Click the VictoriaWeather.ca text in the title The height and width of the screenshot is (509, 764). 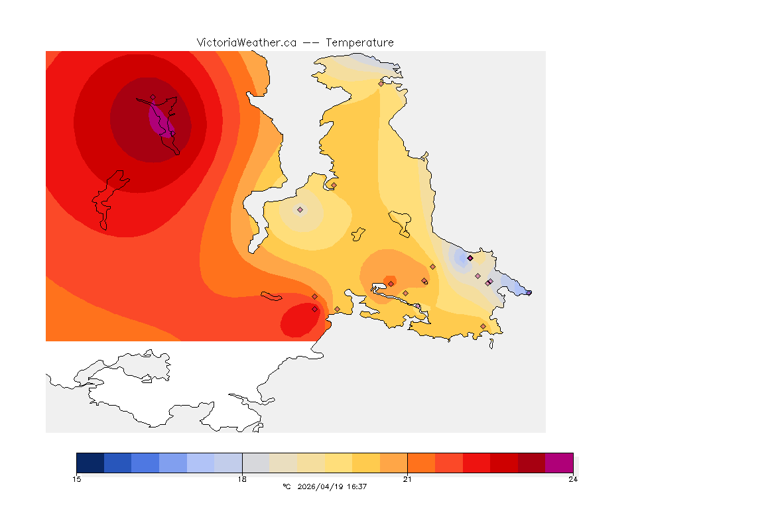click(x=246, y=42)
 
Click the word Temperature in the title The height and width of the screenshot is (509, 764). click(x=359, y=42)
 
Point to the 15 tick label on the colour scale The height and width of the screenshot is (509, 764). click(x=76, y=479)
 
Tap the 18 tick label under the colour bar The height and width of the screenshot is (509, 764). click(x=242, y=479)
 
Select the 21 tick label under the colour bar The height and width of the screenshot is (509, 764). click(x=407, y=479)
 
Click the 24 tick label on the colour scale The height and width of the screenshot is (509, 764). click(x=572, y=479)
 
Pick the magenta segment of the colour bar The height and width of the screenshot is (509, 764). click(x=558, y=463)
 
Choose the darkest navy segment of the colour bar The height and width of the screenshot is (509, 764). click(x=90, y=463)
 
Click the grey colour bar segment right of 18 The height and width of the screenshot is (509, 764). click(x=255, y=463)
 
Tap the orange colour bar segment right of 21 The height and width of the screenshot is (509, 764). click(x=421, y=463)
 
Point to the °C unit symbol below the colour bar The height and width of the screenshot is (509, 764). click(x=286, y=486)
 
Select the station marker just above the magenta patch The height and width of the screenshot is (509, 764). click(x=153, y=97)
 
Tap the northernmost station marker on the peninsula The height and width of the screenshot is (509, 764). click(x=381, y=84)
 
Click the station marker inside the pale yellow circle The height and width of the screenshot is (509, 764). click(x=300, y=209)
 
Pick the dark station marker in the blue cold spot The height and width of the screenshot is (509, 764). click(x=470, y=258)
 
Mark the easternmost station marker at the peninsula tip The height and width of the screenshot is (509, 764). click(x=529, y=292)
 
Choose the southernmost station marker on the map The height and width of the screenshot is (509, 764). click(x=483, y=326)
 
